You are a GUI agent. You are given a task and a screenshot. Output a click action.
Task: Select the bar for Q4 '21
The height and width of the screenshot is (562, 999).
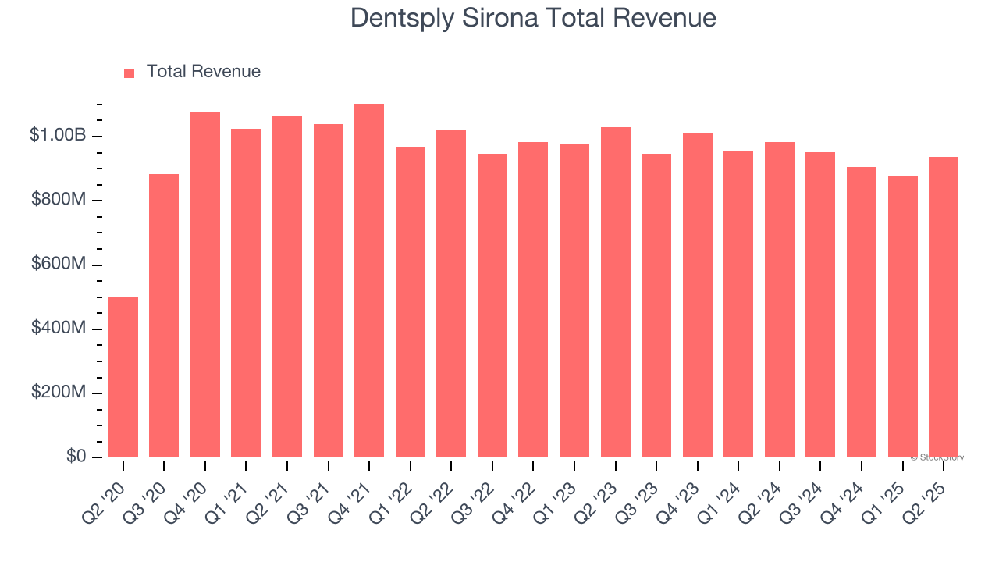[369, 280]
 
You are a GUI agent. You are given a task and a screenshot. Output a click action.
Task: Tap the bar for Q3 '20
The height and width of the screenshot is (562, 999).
[164, 315]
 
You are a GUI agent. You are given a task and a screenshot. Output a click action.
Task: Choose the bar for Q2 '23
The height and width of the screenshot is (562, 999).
[616, 292]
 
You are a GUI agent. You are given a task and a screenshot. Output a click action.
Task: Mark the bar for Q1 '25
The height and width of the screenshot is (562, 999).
[902, 316]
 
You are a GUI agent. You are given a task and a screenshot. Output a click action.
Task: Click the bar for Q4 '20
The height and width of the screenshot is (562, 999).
[205, 285]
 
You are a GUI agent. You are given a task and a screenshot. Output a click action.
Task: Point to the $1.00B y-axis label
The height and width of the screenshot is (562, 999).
[59, 136]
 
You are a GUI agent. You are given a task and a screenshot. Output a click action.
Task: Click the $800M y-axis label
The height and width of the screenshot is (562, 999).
[59, 201]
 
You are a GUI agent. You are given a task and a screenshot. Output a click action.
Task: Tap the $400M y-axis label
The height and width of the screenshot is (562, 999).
[59, 329]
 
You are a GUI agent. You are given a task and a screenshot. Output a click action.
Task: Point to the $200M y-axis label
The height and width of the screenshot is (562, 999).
[59, 393]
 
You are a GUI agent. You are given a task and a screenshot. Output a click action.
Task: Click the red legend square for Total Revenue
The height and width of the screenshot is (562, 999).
[130, 73]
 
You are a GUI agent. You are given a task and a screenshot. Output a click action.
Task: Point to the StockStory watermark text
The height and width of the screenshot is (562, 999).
[937, 457]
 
